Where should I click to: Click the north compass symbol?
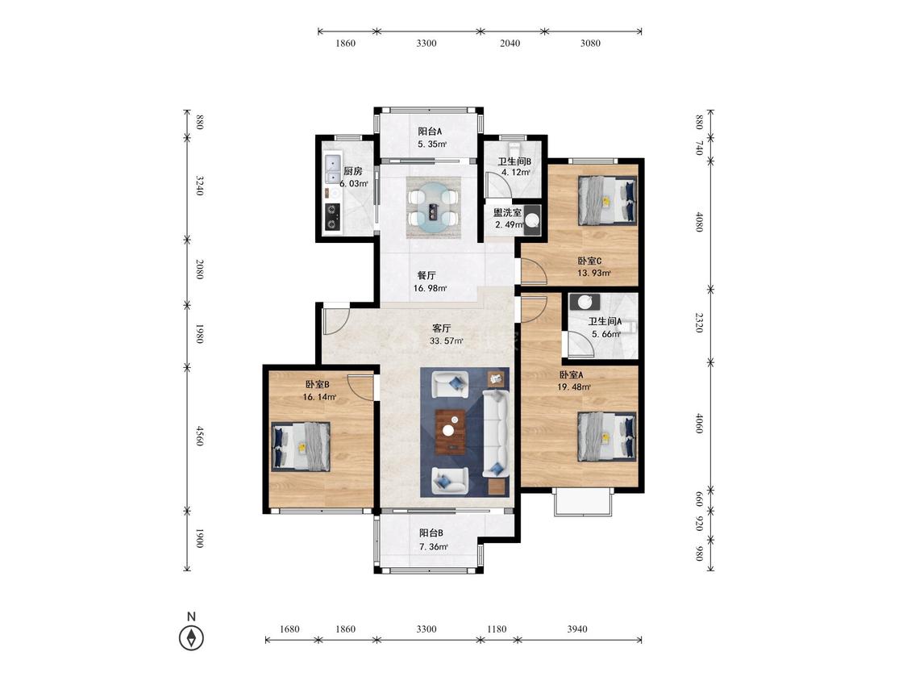(191, 638)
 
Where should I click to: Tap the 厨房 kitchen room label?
(353, 171)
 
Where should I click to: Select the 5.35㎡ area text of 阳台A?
(433, 144)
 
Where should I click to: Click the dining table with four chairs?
(433, 208)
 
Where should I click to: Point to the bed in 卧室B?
(301, 446)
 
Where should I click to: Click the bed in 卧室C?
(607, 201)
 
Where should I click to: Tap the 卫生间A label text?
(605, 321)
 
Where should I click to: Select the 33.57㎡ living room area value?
(447, 341)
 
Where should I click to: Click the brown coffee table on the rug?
(451, 430)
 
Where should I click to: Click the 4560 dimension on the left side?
(200, 436)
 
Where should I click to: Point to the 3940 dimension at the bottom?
(577, 629)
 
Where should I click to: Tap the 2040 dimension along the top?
(510, 43)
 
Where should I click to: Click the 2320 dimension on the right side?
(699, 323)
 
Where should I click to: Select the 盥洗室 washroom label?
(507, 212)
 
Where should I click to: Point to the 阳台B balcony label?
(431, 533)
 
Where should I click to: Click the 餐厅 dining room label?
(426, 276)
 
